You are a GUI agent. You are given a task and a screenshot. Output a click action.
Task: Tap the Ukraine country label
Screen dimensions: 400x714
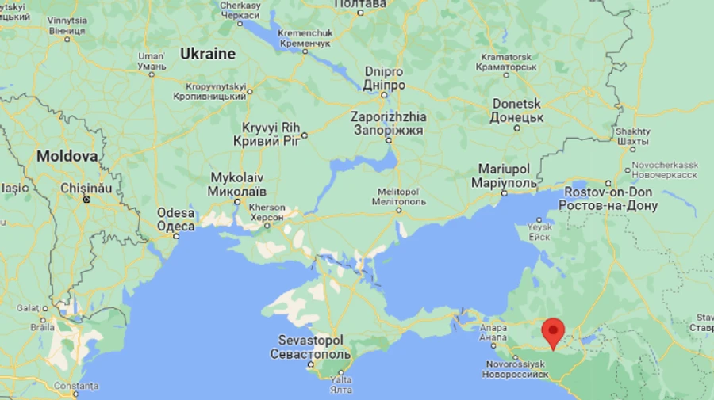pyautogui.click(x=208, y=54)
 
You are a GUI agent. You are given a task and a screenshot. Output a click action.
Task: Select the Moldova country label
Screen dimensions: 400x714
pyautogui.click(x=67, y=156)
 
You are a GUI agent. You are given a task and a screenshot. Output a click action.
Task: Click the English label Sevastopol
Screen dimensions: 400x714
pyautogui.click(x=310, y=339)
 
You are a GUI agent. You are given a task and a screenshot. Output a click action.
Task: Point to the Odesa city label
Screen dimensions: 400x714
pyautogui.click(x=175, y=213)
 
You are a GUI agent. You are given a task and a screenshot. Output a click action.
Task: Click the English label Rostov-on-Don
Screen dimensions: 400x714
pyautogui.click(x=608, y=192)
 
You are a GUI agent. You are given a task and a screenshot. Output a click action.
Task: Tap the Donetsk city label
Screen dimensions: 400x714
pyautogui.click(x=516, y=104)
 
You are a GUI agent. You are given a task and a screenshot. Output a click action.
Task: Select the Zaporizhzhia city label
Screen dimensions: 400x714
pyautogui.click(x=388, y=116)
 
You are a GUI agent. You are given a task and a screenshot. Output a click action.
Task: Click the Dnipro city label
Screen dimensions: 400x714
pyautogui.click(x=385, y=72)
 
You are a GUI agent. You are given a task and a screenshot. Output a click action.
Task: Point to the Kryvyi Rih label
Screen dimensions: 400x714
pyautogui.click(x=267, y=127)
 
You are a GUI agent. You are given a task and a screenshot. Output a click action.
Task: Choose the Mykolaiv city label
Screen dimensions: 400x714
pyautogui.click(x=236, y=178)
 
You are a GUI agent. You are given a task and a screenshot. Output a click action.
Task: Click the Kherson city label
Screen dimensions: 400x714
pyautogui.click(x=267, y=208)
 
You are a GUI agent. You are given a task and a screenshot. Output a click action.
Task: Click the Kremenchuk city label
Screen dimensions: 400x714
pyautogui.click(x=305, y=33)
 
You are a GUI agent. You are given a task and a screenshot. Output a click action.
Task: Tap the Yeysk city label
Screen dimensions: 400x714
pyautogui.click(x=539, y=227)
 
